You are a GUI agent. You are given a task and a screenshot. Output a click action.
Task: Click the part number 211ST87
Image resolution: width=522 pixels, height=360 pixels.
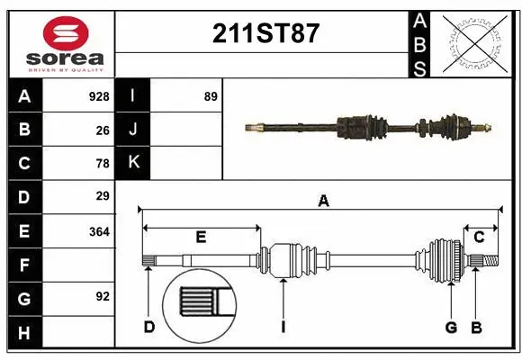point(265,33)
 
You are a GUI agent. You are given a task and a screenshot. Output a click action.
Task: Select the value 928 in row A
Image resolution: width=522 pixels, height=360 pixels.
point(99,96)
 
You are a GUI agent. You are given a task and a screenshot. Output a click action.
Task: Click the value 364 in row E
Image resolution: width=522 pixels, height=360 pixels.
point(99,231)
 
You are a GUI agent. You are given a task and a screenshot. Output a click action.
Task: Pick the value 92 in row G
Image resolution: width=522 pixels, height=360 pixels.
point(102,296)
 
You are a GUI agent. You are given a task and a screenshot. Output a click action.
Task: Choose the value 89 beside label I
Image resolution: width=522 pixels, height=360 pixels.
point(211,96)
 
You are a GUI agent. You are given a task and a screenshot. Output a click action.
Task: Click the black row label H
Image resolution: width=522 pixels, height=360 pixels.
point(24,333)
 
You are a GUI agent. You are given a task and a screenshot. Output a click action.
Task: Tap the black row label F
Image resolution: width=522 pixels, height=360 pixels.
point(24,265)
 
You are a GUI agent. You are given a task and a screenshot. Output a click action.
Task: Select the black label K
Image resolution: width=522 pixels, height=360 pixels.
point(133,162)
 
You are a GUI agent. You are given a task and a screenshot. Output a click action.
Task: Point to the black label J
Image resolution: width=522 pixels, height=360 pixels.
point(133,130)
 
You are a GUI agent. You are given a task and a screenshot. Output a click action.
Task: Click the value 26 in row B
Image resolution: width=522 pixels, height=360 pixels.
point(103,130)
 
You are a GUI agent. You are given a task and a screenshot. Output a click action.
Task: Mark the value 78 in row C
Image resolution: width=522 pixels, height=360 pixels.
point(103,164)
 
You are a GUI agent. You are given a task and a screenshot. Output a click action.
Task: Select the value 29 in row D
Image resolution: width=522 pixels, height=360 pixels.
point(103,195)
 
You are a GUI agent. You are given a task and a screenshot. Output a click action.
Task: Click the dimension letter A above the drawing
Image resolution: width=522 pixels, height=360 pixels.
point(323,202)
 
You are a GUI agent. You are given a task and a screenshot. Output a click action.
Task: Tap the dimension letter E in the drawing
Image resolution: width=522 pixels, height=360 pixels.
point(201,237)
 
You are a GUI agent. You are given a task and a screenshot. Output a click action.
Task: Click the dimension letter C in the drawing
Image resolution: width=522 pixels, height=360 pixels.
point(479,237)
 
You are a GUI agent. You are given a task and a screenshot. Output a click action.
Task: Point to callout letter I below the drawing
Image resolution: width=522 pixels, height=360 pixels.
point(283,328)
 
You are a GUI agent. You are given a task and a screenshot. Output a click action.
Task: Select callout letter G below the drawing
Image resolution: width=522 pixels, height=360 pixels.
point(451,328)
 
